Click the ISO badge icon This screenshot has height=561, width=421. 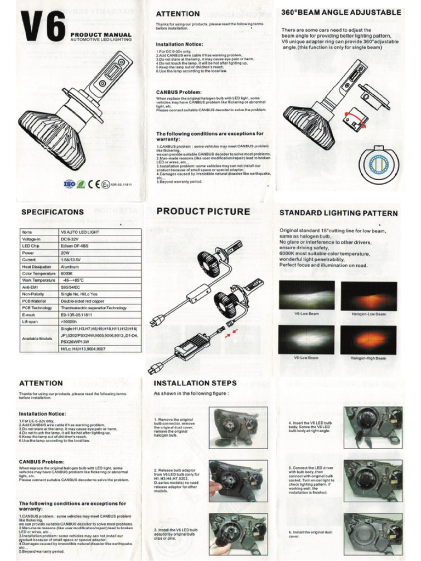pos(70,184)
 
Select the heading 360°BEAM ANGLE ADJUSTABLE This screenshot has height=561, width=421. pos(340,12)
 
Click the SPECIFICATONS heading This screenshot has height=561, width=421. pos(53,211)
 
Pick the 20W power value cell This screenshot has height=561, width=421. pos(65,254)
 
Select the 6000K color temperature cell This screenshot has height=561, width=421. pos(69,273)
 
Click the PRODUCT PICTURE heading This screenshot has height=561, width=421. pos(203,211)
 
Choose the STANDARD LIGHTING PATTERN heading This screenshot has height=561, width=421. pos(339,212)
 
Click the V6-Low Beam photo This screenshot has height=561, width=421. pos(306,296)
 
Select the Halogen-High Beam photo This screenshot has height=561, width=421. pos(368,340)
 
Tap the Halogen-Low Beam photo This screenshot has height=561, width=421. pos(368,296)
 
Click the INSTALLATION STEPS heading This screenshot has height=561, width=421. pos(195,383)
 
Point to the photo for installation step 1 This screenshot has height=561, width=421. pos(238,426)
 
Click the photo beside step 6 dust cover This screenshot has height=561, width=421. pos(373,534)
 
